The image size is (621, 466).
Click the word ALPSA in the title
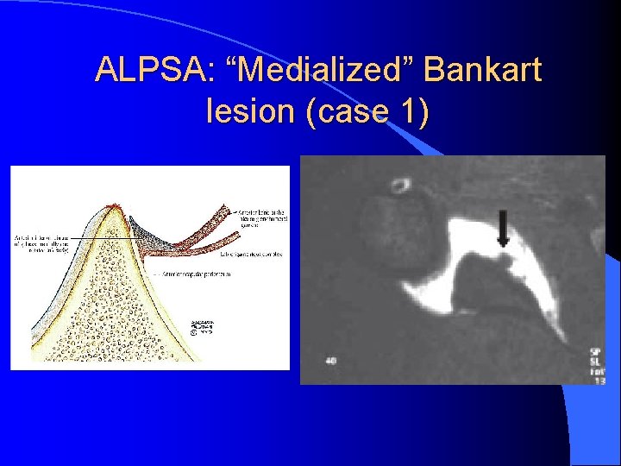coord(147,70)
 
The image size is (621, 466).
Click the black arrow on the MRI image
coord(503,229)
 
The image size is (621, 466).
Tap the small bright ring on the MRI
coord(399,186)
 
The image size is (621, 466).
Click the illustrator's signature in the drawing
coord(203,328)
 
